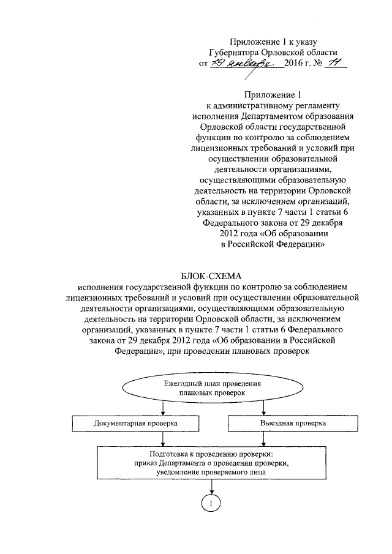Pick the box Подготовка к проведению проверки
coord(211,463)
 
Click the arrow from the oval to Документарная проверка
coord(162,409)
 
